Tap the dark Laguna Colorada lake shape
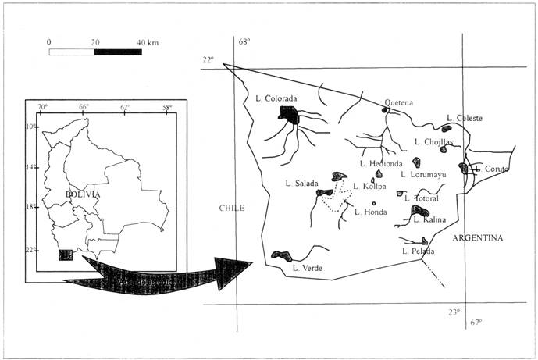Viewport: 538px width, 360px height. point(290,116)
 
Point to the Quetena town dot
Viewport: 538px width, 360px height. point(384,110)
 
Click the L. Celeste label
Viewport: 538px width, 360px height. point(465,118)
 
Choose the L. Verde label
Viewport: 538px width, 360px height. point(308,268)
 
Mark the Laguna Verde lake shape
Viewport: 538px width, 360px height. point(281,255)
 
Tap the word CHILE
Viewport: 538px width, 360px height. point(231,209)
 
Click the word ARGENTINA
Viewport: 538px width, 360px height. point(479,237)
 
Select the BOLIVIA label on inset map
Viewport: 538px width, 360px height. point(80,194)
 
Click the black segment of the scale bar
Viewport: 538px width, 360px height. point(118,52)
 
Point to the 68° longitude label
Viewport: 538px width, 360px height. point(244,41)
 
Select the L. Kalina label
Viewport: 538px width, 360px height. point(429,219)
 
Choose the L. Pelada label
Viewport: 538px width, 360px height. point(417,251)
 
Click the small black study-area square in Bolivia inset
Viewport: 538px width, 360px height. point(66,255)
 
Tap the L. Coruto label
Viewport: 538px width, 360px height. point(491,169)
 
